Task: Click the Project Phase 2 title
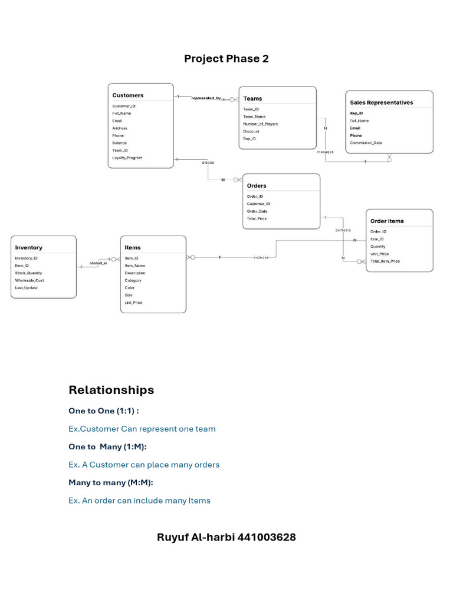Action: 226,58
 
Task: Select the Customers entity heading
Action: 128,95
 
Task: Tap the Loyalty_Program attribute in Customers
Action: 127,158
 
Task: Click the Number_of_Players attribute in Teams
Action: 260,124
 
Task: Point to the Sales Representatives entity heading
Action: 381,102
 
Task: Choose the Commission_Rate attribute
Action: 366,143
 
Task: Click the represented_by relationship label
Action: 206,98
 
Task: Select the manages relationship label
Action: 325,152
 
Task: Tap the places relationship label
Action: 208,162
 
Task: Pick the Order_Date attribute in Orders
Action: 257,211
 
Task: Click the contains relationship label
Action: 343,230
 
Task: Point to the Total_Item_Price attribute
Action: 385,261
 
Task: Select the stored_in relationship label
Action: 98,263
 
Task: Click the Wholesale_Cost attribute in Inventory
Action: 29,280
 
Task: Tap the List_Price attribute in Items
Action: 133,303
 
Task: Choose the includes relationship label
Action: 261,257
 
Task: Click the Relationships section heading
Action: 111,390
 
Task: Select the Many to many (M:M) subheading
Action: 111,482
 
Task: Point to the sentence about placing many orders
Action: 144,465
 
